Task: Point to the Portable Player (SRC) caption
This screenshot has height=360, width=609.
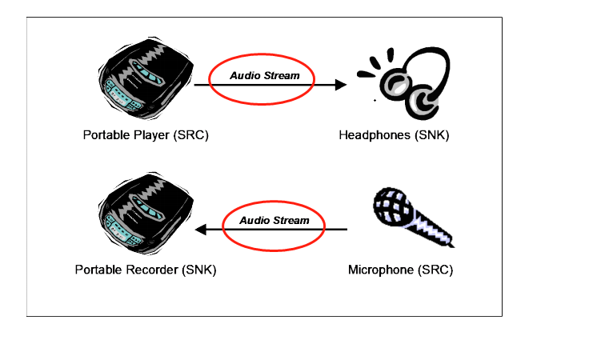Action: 146,135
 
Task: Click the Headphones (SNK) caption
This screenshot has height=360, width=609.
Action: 394,135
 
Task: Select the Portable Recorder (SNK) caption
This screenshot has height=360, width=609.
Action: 146,270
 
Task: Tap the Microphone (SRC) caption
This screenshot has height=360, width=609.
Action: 400,270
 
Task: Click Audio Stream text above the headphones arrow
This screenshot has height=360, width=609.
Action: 265,76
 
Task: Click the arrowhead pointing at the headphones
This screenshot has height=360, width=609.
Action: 342,84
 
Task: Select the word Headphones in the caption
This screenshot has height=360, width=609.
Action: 375,135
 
